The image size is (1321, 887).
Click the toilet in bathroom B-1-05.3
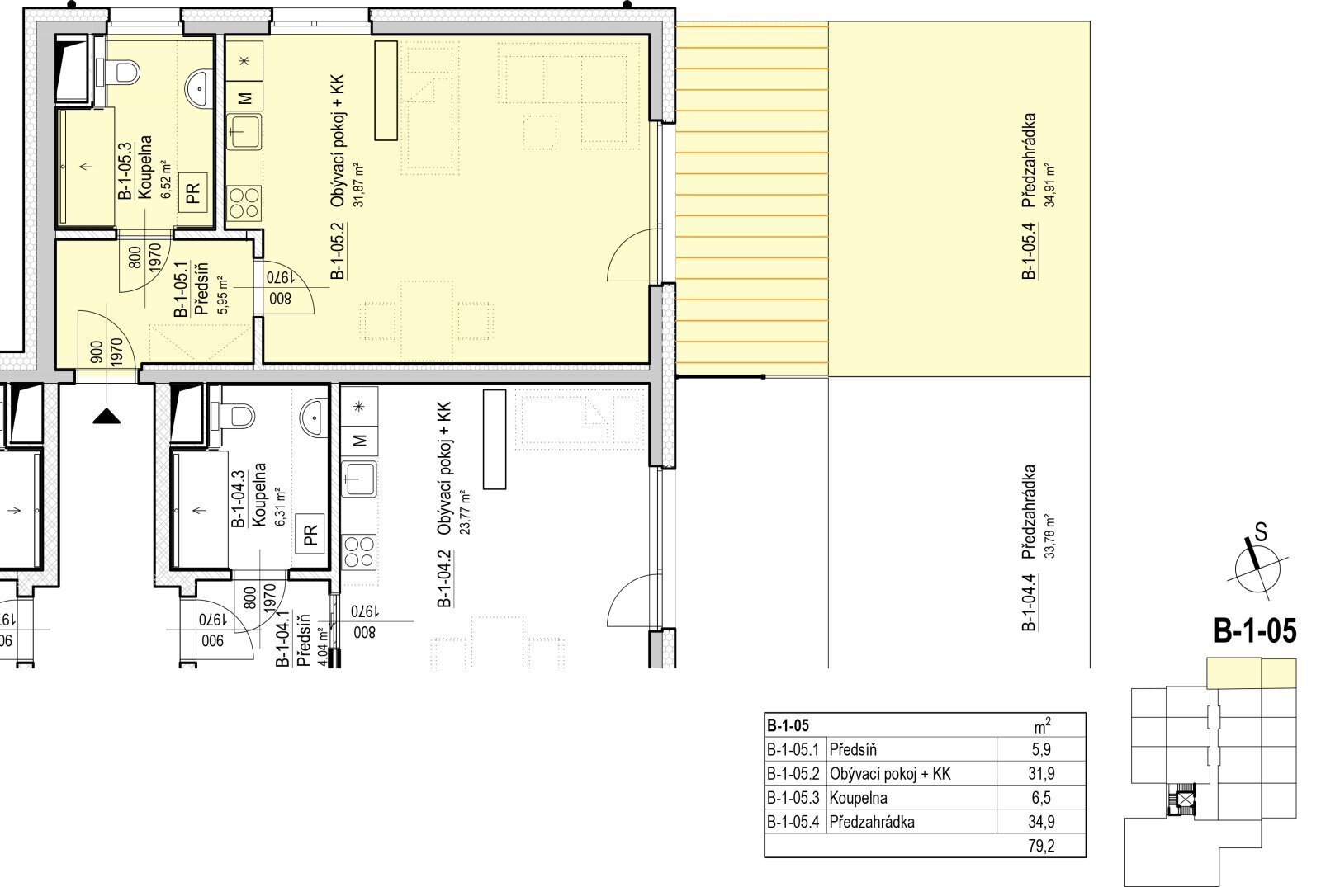(122, 73)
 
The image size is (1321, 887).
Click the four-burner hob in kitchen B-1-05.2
(244, 202)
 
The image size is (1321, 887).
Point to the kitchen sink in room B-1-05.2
(244, 131)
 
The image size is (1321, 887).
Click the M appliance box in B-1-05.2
(244, 98)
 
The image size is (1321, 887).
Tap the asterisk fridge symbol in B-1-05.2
(244, 61)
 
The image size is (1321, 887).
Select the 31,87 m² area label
(358, 186)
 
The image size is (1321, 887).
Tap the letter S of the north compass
(1261, 532)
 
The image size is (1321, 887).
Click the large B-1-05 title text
(1255, 630)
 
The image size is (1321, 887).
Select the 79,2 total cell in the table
(1041, 847)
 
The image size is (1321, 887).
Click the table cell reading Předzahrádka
(872, 822)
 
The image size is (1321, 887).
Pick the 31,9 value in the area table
(1041, 774)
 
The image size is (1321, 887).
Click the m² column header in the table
(1041, 726)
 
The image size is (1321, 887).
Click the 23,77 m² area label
(466, 512)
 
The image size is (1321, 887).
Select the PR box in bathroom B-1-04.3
(310, 533)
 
